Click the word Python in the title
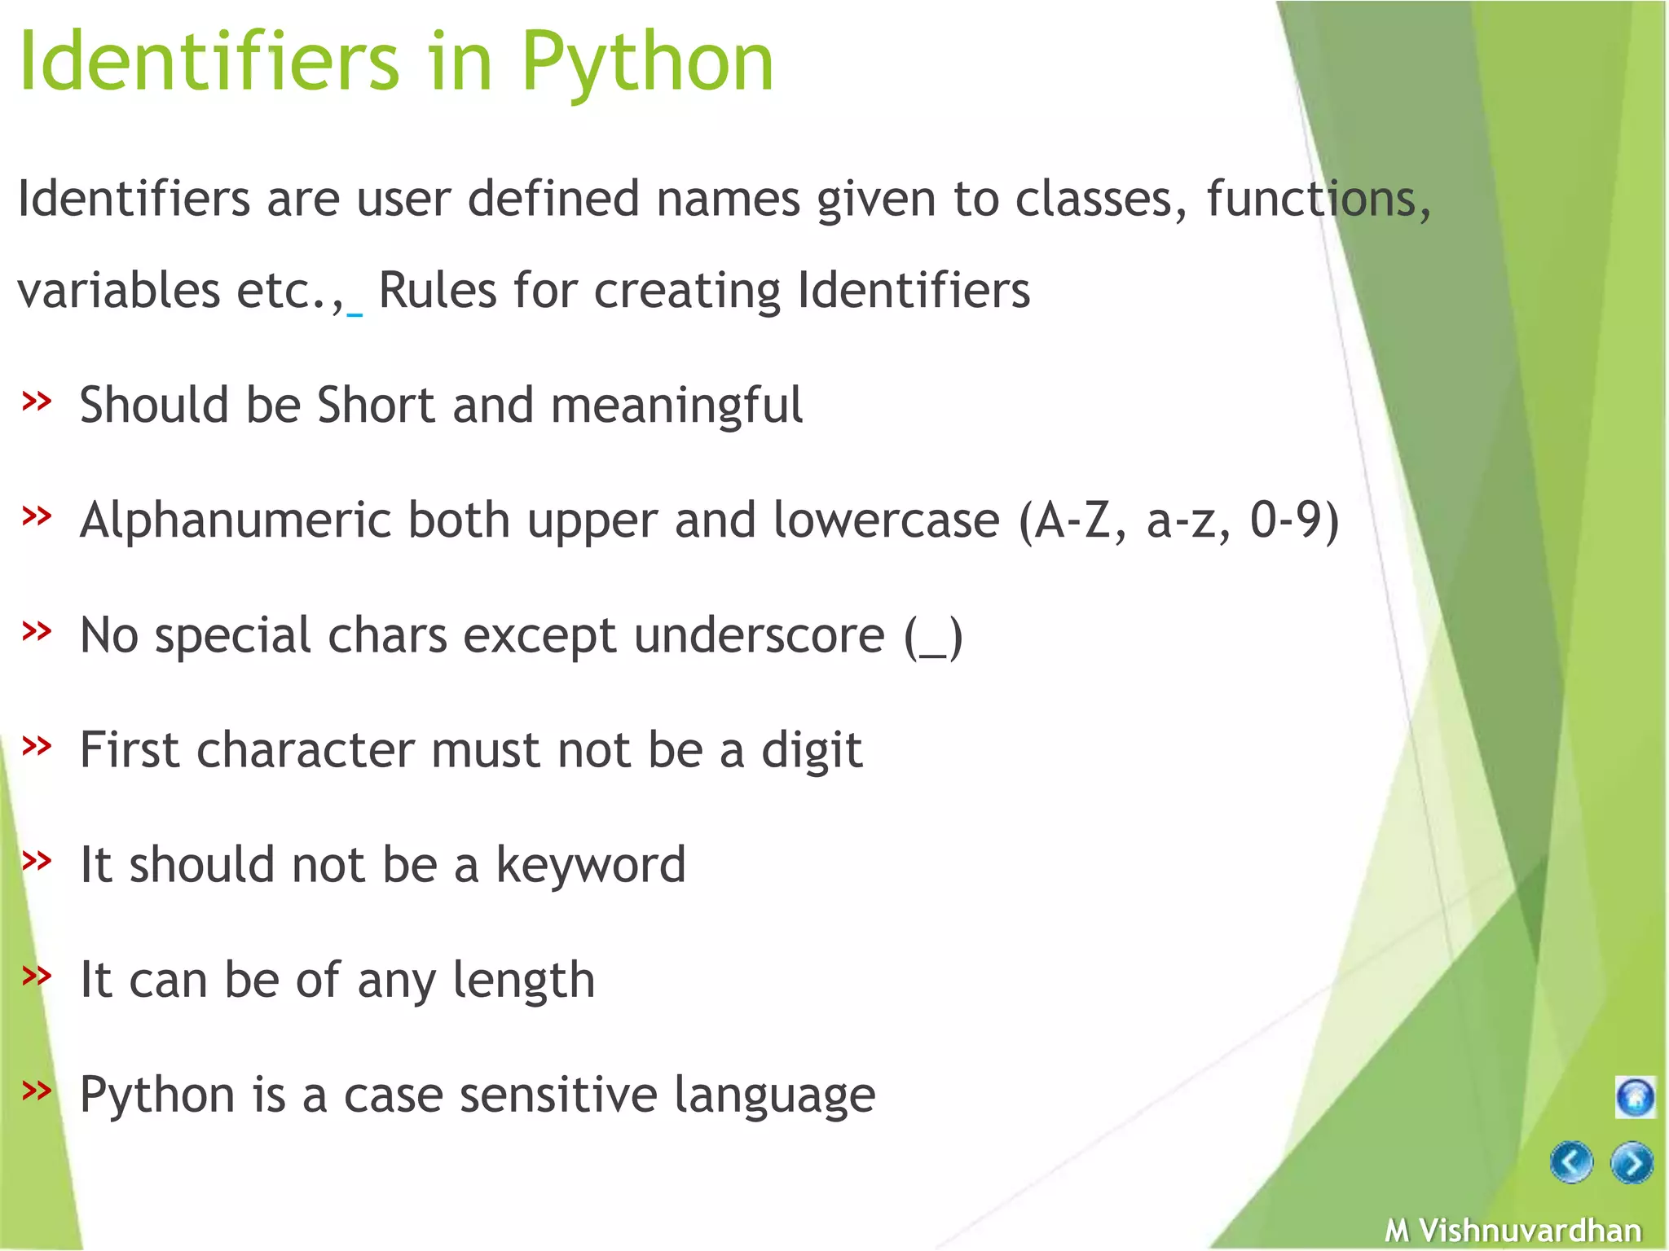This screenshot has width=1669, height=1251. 647,64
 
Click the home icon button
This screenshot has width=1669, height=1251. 1635,1097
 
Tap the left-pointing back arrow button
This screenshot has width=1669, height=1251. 1571,1162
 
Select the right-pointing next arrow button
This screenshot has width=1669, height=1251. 1632,1163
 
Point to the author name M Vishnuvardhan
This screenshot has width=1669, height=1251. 1513,1230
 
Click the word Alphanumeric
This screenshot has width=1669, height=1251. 236,520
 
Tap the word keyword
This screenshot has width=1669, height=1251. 591,865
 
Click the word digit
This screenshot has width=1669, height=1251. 812,751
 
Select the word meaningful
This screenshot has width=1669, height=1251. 676,406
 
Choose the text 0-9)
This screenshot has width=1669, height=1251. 1294,520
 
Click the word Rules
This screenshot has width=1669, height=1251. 438,290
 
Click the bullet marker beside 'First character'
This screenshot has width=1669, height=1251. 37,744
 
